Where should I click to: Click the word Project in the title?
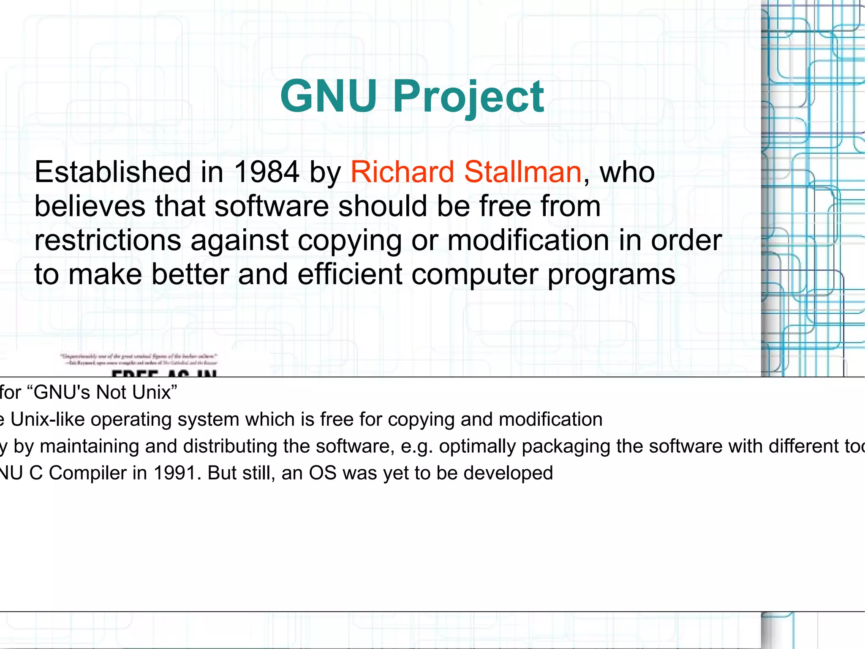[x=469, y=97]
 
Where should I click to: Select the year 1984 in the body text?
[x=267, y=172]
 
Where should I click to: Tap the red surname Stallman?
[x=523, y=172]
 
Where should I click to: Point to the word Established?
[x=112, y=172]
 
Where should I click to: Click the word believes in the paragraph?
[x=90, y=206]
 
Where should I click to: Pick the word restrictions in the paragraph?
[x=108, y=240]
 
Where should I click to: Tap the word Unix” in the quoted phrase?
[x=154, y=392]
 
